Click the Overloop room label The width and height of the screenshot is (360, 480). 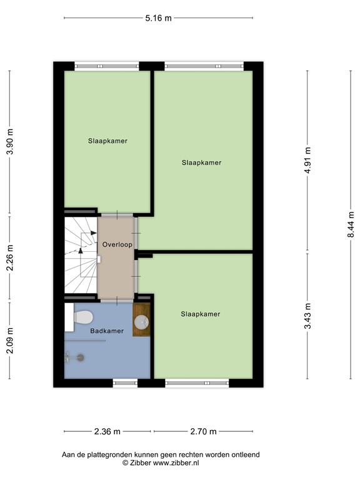117,244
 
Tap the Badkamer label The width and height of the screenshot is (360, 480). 107,330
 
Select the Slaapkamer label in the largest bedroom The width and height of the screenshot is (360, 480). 201,162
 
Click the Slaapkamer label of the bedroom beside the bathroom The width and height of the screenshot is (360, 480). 200,314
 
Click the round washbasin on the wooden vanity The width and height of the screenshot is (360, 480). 142,322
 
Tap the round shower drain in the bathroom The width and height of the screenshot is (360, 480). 80,357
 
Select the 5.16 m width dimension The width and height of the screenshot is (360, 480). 158,18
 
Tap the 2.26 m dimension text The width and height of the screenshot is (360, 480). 9,258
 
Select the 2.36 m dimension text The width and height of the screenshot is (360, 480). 107,431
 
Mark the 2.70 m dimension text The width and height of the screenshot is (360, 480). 203,431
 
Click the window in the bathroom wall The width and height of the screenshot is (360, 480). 125,382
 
